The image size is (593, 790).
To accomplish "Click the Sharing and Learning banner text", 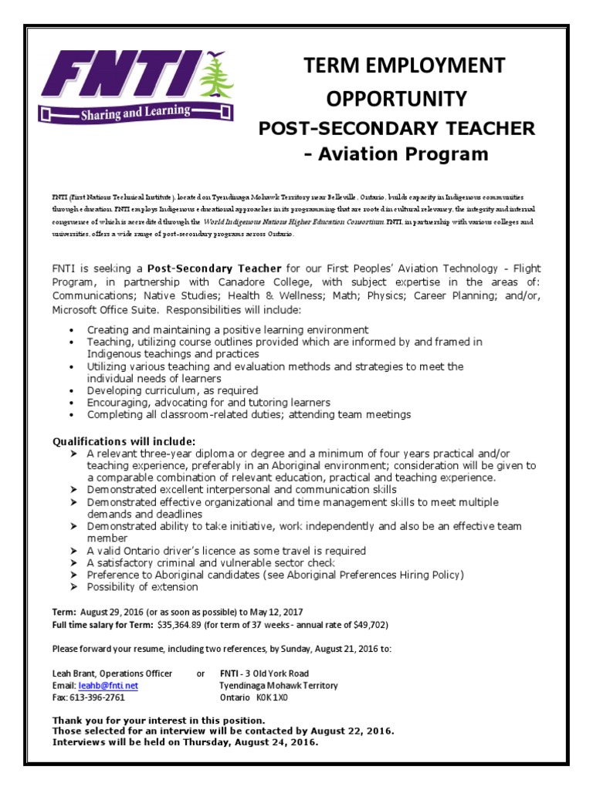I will click(x=135, y=113).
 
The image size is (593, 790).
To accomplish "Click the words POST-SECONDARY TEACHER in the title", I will click(x=396, y=127).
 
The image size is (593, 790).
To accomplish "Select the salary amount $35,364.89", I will click(x=188, y=624).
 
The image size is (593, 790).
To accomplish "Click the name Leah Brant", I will click(x=74, y=673).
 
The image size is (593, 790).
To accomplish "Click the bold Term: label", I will click(x=64, y=612).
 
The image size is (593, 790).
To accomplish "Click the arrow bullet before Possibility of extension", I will click(x=73, y=587).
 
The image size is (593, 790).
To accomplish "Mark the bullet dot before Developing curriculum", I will click(x=72, y=391).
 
